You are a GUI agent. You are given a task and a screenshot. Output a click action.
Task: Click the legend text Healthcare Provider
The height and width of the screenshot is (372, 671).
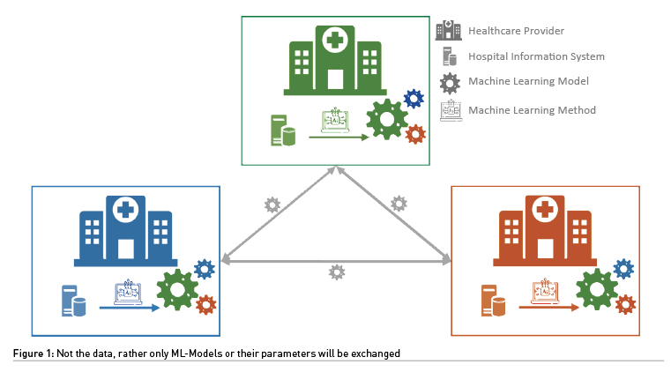(517, 31)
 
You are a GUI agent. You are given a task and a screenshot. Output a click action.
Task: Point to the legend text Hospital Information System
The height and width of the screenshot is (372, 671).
(536, 56)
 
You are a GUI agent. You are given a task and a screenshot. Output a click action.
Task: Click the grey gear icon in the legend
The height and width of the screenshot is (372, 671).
(449, 82)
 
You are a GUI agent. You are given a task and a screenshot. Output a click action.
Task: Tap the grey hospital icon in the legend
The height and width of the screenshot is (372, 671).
(448, 31)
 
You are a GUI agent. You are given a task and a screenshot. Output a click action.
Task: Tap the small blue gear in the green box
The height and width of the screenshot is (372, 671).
(414, 100)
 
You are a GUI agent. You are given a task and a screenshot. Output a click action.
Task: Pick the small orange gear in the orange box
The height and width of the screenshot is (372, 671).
(626, 305)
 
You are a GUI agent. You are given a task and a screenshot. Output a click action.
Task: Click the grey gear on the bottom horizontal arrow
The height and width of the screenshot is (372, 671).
(336, 272)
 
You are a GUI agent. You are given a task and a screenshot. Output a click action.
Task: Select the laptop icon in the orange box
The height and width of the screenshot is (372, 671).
(546, 290)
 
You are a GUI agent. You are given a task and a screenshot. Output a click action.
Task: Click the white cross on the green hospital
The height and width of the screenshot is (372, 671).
(333, 39)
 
